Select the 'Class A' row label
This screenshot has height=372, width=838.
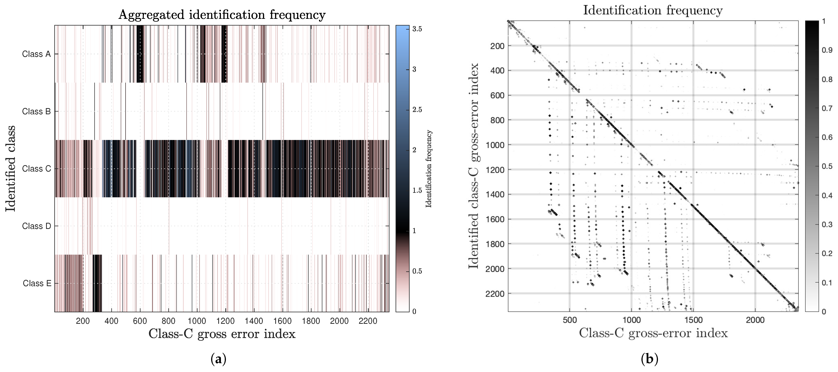tap(36, 54)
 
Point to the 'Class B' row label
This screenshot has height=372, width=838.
tap(36, 111)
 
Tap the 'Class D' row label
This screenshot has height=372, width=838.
tap(36, 226)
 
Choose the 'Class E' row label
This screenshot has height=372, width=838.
tap(37, 283)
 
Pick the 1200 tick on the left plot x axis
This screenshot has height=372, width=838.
tap(225, 321)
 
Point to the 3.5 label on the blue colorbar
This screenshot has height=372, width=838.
tap(417, 29)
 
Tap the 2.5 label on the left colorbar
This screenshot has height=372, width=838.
tap(417, 110)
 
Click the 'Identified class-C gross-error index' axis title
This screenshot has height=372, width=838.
tap(474, 166)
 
